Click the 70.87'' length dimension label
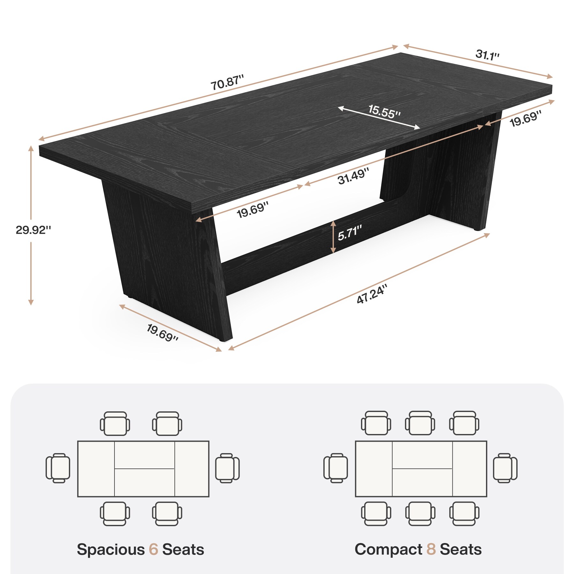pyautogui.click(x=227, y=82)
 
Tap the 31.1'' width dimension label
pyautogui.click(x=487, y=55)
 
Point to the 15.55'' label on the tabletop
pyautogui.click(x=384, y=112)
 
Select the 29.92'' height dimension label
pyautogui.click(x=33, y=230)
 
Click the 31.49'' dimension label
pyautogui.click(x=353, y=176)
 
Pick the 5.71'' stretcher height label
pyautogui.click(x=350, y=232)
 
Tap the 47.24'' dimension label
pyautogui.click(x=372, y=294)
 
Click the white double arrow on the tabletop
pyautogui.click(x=379, y=118)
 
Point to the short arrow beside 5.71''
pyautogui.click(x=333, y=237)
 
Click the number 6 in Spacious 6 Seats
pyautogui.click(x=153, y=549)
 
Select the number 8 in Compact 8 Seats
pyautogui.click(x=431, y=549)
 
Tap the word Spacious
pyautogui.click(x=111, y=550)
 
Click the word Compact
pyautogui.click(x=388, y=549)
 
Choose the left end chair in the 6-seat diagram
pyautogui.click(x=58, y=468)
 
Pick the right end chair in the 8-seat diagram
pyautogui.click(x=505, y=468)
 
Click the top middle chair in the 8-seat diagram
pyautogui.click(x=420, y=423)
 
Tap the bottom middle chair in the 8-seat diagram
pyautogui.click(x=420, y=513)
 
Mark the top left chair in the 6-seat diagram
pyautogui.click(x=115, y=423)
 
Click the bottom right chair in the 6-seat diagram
pyautogui.click(x=167, y=513)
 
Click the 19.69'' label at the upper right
pyautogui.click(x=525, y=118)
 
